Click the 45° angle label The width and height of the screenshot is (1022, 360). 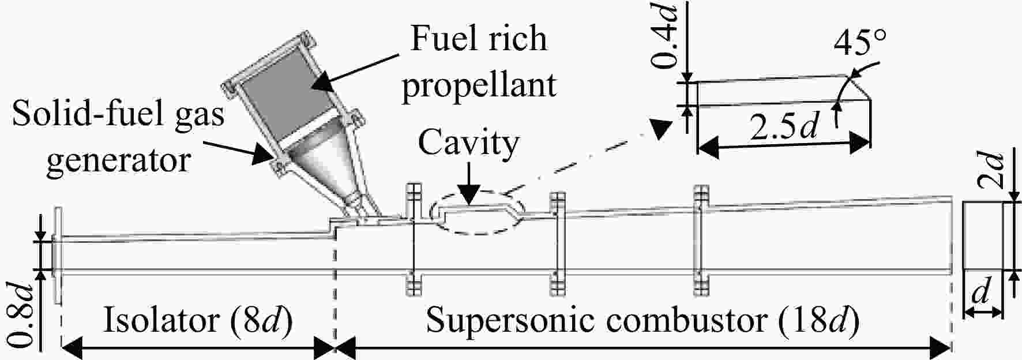(859, 42)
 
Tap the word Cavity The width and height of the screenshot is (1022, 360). (468, 144)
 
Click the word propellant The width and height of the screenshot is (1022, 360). (479, 85)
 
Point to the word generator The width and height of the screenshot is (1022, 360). (118, 158)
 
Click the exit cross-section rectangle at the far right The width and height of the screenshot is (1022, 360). (984, 235)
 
